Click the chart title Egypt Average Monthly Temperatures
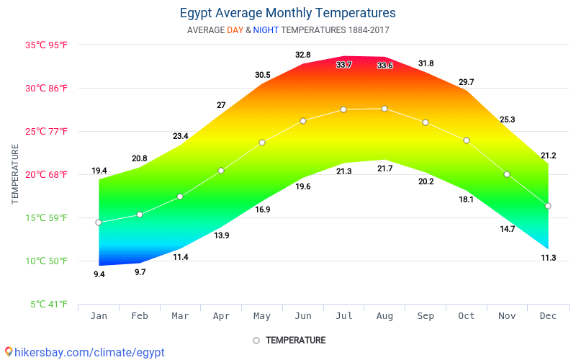click(x=287, y=13)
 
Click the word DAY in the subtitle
click(x=235, y=30)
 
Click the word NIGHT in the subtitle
click(x=266, y=30)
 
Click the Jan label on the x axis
click(x=99, y=315)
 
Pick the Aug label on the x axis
click(x=384, y=315)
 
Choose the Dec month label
click(x=548, y=315)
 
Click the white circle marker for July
click(x=343, y=109)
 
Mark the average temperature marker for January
click(x=99, y=222)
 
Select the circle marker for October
click(x=467, y=140)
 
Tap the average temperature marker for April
click(x=221, y=171)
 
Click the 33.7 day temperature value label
click(x=344, y=65)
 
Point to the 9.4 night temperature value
click(x=99, y=274)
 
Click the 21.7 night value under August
click(x=384, y=168)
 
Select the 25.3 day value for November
click(x=507, y=120)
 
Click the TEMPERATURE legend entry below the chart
click(x=295, y=340)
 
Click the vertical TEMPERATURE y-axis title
click(x=15, y=174)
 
